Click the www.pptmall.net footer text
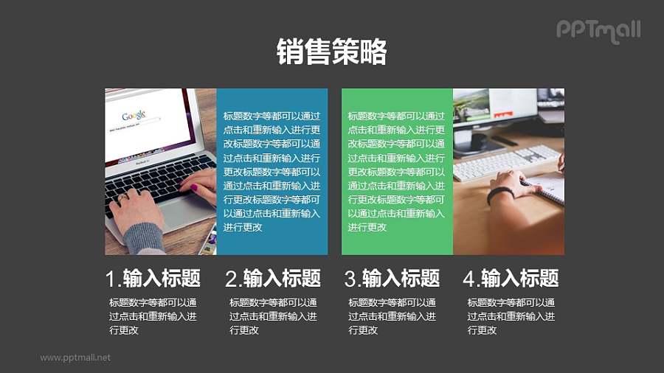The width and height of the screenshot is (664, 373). pyautogui.click(x=75, y=358)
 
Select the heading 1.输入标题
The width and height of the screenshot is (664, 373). pyautogui.click(x=153, y=279)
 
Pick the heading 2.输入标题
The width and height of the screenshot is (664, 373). pyautogui.click(x=272, y=279)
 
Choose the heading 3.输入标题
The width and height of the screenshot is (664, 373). pyautogui.click(x=392, y=279)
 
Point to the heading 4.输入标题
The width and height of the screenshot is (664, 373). pyautogui.click(x=511, y=279)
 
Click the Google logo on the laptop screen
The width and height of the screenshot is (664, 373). pyautogui.click(x=134, y=116)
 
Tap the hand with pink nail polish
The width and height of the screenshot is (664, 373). pyautogui.click(x=198, y=185)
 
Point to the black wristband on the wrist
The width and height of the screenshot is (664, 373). pyautogui.click(x=499, y=195)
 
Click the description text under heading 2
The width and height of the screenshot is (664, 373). pyautogui.click(x=272, y=316)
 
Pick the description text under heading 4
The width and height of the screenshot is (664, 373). pyautogui.click(x=511, y=316)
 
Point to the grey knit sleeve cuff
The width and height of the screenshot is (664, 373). pyautogui.click(x=144, y=238)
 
